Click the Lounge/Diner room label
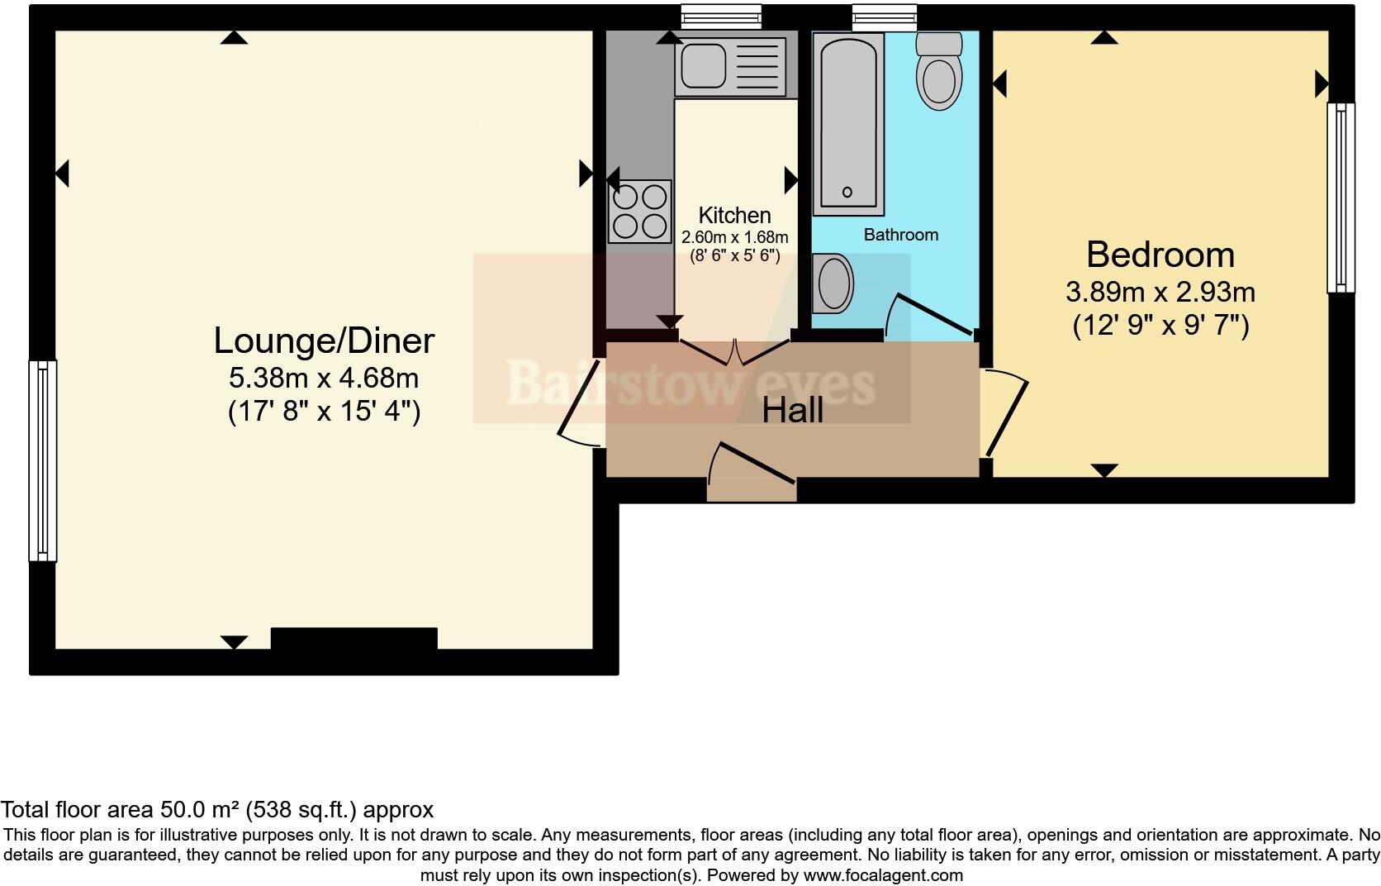[x=324, y=341]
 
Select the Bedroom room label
[x=1160, y=255]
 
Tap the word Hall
[x=792, y=410]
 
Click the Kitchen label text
[x=734, y=216]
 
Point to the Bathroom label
[x=900, y=235]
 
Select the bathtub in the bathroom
[x=848, y=124]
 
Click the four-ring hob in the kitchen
[x=640, y=212]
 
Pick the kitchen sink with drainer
[x=731, y=66]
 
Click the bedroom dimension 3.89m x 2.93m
[x=1160, y=292]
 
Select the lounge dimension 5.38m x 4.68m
[x=324, y=379]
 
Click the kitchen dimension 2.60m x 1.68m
[x=734, y=237]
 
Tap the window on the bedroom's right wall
[x=1341, y=198]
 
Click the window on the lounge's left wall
[x=43, y=460]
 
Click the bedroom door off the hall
[x=1007, y=416]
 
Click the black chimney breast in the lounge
[x=354, y=638]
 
